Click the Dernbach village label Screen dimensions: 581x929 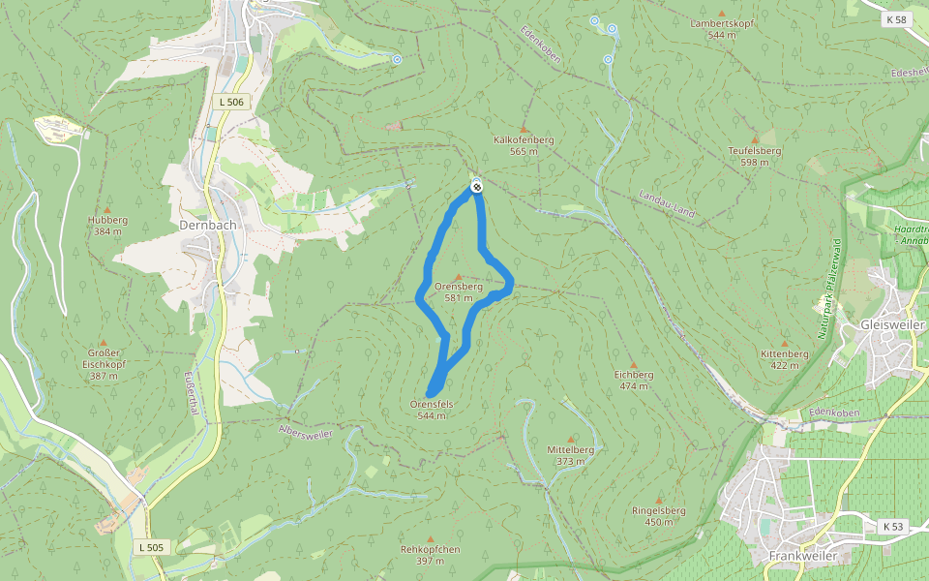coord(208,225)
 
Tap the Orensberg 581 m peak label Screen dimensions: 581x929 coord(459,292)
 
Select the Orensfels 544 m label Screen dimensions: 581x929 coord(432,409)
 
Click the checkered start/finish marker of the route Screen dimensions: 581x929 coord(476,185)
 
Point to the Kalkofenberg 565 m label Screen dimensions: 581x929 coord(524,145)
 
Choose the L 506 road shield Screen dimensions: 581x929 coord(231,102)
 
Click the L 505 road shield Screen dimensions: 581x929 coord(152,547)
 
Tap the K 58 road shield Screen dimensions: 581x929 coord(897,19)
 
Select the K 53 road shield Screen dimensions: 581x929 coord(893,526)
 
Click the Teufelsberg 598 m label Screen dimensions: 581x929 coord(755,156)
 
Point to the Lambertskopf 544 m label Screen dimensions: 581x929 coord(721,28)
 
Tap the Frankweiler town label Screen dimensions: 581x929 coord(801,556)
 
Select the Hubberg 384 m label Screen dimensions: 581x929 coord(107,226)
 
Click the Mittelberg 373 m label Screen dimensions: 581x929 coord(570,455)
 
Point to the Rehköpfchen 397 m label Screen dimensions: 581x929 coord(431,555)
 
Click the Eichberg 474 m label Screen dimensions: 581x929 coord(634,380)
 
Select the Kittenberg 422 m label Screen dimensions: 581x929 coord(784,359)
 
